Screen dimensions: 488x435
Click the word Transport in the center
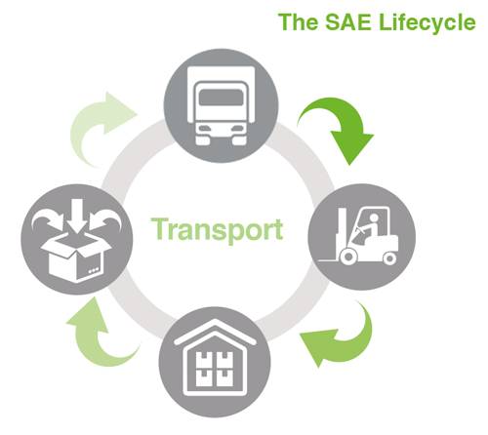point(217,230)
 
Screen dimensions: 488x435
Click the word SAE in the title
point(348,22)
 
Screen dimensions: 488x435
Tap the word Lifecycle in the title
point(427,23)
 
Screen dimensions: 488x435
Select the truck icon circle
point(221,105)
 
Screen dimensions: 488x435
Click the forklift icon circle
point(362,237)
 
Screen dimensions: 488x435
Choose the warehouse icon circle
point(215,362)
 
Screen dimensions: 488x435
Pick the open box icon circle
point(77,240)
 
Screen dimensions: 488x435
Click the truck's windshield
point(221,98)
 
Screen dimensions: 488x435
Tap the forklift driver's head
point(374,217)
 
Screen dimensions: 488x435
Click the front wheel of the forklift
point(348,257)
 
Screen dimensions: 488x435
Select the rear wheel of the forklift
point(389,258)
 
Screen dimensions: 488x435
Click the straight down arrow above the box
point(77,215)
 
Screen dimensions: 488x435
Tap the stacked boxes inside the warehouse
point(215,369)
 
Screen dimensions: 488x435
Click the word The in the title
point(298,22)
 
